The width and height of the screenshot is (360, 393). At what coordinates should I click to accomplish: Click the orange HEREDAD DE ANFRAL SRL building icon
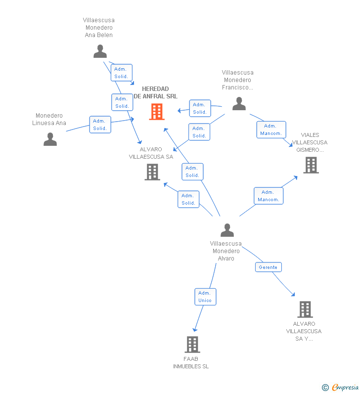click(x=157, y=112)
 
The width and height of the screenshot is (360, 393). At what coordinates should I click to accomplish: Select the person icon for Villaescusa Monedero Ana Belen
click(x=100, y=51)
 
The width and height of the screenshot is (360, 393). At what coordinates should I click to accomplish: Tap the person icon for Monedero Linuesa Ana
click(x=50, y=139)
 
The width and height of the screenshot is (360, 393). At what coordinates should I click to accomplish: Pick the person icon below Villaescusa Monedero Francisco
click(x=239, y=103)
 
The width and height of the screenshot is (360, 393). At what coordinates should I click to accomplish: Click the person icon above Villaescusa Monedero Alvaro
click(x=227, y=230)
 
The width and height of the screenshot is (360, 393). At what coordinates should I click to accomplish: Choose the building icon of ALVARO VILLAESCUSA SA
click(x=152, y=172)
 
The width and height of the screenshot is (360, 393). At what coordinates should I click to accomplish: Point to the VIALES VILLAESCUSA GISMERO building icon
click(x=311, y=165)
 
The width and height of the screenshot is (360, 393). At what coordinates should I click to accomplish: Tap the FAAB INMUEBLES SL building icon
click(x=192, y=345)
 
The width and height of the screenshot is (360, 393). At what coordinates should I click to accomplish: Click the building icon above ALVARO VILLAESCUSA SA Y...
click(x=305, y=309)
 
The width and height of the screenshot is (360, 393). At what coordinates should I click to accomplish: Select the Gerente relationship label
click(x=268, y=267)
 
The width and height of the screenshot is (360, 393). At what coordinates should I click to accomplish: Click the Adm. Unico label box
click(x=205, y=297)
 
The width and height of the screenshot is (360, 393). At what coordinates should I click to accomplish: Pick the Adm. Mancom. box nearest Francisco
click(x=271, y=130)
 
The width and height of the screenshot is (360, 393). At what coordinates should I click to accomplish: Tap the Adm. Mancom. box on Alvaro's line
click(x=269, y=196)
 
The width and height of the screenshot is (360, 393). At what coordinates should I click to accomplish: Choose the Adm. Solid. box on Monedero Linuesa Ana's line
click(x=100, y=125)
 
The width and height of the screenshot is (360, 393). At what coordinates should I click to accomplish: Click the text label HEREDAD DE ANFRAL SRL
click(x=155, y=92)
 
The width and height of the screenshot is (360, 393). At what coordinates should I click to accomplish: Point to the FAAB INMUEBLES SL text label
click(x=191, y=363)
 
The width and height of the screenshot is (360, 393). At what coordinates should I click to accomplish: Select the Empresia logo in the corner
click(x=340, y=387)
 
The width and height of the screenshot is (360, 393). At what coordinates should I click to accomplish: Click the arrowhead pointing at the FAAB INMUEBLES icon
click(x=195, y=330)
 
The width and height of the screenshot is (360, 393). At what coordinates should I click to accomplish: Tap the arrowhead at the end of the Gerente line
click(x=293, y=295)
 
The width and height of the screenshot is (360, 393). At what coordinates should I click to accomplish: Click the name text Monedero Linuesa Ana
click(x=49, y=119)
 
